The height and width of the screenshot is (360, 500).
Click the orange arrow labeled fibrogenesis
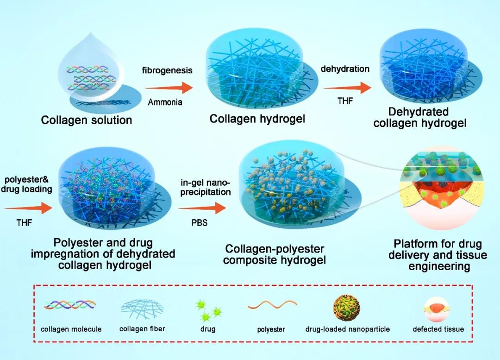click(169, 88)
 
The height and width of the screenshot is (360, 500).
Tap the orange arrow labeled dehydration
click(347, 88)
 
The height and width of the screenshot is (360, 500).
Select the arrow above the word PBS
click(202, 208)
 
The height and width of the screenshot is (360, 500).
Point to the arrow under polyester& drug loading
click(28, 208)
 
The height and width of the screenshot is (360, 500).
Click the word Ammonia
click(165, 102)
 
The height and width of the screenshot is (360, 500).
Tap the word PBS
click(199, 222)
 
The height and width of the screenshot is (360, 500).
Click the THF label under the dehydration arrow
click(345, 101)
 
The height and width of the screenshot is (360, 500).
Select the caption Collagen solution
click(87, 120)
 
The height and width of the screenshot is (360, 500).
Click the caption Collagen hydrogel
click(257, 119)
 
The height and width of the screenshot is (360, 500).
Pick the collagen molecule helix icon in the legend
click(70, 305)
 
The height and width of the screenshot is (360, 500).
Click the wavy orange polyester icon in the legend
click(272, 304)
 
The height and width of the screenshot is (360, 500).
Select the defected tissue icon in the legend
click(438, 307)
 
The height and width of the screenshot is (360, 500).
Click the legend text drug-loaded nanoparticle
click(348, 329)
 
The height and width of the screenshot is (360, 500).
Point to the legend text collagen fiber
click(142, 328)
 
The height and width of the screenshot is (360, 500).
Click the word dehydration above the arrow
click(345, 69)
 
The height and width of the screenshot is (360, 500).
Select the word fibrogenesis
click(167, 70)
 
